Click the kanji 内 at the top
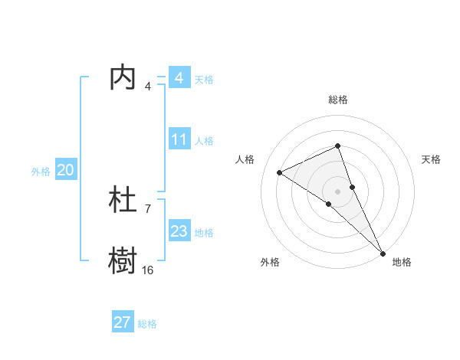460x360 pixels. coord(123,78)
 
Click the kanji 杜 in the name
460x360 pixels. coord(123,200)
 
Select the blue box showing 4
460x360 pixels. coord(179,78)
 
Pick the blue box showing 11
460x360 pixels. coord(179,139)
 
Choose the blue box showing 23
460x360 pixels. coord(179,231)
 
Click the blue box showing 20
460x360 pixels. coord(65,171)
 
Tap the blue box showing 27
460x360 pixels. coord(123,322)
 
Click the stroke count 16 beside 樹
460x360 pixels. coord(147,270)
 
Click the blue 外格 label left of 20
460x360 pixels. coord(41,172)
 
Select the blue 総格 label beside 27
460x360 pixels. coord(147,324)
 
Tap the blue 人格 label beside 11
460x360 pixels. coord(204,141)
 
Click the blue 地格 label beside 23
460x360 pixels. coord(204,233)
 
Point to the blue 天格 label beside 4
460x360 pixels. coord(204,80)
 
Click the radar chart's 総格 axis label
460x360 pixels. coord(337,100)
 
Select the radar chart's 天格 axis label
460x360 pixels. coord(431,159)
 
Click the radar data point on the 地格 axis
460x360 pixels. coord(383,253)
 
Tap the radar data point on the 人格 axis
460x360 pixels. coord(280,172)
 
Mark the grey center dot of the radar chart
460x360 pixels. coord(337,191)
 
